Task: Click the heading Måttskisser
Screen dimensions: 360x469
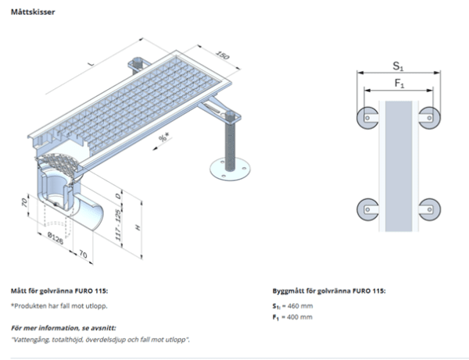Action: pos(32,13)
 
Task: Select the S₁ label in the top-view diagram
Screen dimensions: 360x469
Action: pos(398,64)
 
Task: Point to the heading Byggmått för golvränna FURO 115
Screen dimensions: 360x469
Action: pos(328,290)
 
